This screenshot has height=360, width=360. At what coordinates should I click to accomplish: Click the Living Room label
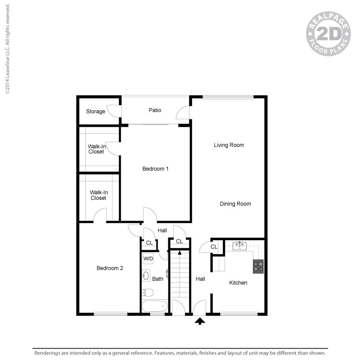tap(229, 145)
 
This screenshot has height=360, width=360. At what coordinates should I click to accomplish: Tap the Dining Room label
tap(235, 204)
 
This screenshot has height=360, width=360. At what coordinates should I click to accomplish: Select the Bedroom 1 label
tap(155, 169)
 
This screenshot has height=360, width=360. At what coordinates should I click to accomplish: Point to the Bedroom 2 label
tap(110, 268)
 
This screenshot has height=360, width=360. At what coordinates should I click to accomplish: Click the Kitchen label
tap(238, 283)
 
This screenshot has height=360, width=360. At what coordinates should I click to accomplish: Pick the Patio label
tap(155, 110)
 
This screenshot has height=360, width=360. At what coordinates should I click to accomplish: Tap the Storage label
tap(95, 112)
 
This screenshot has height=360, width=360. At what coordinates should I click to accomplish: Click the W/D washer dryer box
tap(148, 259)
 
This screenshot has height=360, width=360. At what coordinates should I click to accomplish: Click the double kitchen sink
tap(239, 246)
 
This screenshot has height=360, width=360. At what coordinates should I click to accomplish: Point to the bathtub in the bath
tap(154, 307)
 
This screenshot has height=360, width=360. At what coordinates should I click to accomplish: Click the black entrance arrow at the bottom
tap(200, 321)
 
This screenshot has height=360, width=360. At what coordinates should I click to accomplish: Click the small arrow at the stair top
tap(180, 252)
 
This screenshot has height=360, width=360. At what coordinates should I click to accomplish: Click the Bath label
tap(157, 279)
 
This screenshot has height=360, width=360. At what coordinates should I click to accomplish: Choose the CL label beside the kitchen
tap(214, 247)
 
